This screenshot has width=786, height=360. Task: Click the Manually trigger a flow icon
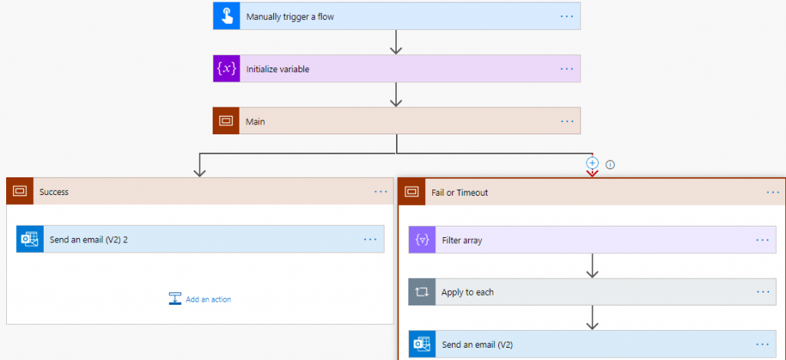click(226, 16)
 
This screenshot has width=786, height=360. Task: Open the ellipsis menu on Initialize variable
click(567, 68)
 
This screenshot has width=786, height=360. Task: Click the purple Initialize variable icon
click(226, 68)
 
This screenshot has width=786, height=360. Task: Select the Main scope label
click(255, 121)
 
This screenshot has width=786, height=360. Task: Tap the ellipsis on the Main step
click(567, 121)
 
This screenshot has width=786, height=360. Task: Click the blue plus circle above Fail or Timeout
click(592, 163)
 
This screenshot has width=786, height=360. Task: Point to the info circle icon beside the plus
click(610, 163)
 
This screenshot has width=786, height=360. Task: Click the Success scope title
click(54, 192)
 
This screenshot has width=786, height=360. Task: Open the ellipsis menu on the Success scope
click(381, 191)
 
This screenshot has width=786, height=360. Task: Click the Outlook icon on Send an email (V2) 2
click(30, 239)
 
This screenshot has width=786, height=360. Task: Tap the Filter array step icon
click(422, 240)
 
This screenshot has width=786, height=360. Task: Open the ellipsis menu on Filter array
click(762, 239)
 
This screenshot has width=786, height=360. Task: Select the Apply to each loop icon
click(422, 292)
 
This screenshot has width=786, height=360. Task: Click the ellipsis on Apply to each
click(762, 292)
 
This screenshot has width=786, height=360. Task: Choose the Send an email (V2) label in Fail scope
click(477, 345)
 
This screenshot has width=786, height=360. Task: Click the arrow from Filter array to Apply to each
click(592, 266)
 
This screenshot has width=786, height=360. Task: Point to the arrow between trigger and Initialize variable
click(396, 41)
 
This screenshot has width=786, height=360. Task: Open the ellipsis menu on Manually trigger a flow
click(567, 16)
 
